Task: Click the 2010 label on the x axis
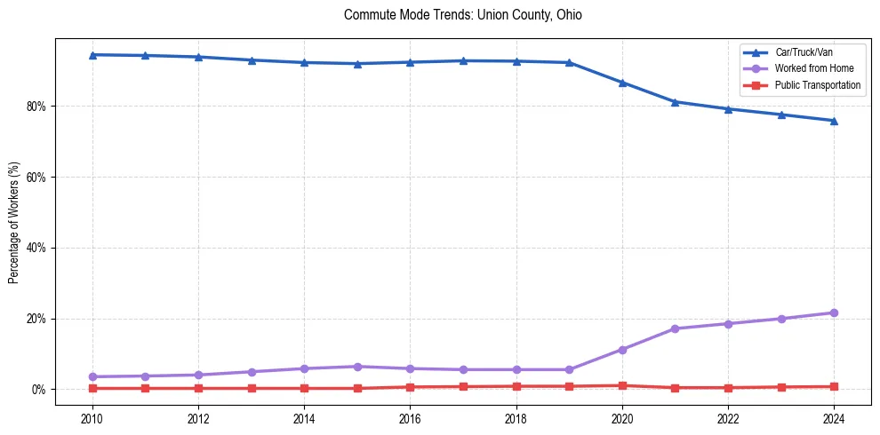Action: pos(92,417)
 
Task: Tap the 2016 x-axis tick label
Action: pos(410,417)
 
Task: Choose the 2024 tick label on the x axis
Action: pos(834,417)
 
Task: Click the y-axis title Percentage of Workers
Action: pos(14,223)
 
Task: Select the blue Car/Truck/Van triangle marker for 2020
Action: pos(622,83)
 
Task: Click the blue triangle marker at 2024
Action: pos(834,121)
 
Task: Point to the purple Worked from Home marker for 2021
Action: pos(675,328)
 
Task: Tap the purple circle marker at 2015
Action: pos(357,367)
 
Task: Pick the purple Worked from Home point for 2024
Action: pos(834,312)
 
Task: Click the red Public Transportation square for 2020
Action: pos(622,385)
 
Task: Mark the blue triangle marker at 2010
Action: pos(92,55)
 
